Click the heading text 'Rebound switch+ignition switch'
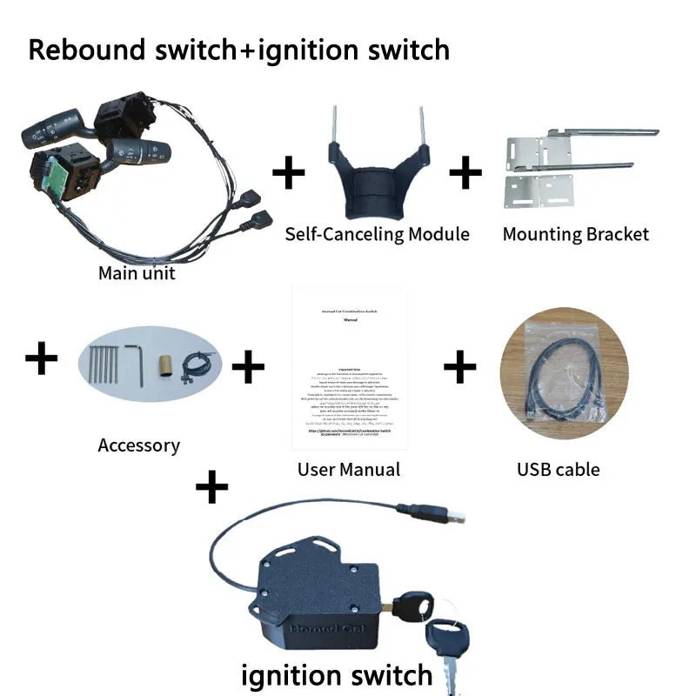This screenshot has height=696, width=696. [239, 50]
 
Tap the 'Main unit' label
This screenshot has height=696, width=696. [137, 273]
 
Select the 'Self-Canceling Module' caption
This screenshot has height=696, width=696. [378, 234]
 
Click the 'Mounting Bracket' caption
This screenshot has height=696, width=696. [575, 234]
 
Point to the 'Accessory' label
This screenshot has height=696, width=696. [138, 445]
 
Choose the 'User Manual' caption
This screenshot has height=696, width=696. [349, 470]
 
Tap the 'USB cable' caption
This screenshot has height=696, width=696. [558, 470]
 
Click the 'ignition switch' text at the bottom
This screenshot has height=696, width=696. [336, 674]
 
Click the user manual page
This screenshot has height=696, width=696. [350, 370]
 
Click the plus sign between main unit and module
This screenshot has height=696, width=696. [289, 173]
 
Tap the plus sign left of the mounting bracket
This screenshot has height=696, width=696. [465, 173]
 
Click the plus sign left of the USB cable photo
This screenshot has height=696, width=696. [460, 368]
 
